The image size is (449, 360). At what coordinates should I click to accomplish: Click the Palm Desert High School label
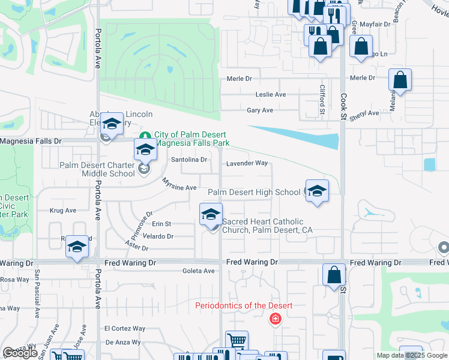(x=253, y=192)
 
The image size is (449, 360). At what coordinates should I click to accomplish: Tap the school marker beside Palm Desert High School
(x=317, y=191)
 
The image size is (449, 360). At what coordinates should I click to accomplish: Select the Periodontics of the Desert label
(x=244, y=306)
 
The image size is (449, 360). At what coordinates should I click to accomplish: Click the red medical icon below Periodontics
(x=276, y=319)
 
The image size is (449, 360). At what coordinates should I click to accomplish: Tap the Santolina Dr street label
(x=189, y=160)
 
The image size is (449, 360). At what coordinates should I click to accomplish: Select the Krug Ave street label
(x=63, y=211)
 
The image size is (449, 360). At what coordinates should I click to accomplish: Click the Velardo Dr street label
(x=158, y=236)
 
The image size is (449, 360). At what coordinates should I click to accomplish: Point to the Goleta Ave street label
(x=198, y=271)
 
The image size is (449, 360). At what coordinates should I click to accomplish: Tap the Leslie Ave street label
(x=271, y=95)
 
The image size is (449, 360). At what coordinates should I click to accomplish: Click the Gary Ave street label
(x=260, y=110)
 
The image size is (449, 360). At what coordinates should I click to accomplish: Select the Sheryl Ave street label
(x=365, y=113)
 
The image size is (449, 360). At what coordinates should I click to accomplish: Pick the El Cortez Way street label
(x=125, y=329)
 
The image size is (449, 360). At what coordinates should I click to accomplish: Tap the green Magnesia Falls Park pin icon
(x=144, y=135)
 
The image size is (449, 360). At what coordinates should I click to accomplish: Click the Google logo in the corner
(x=20, y=353)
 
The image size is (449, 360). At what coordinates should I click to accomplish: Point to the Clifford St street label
(x=322, y=99)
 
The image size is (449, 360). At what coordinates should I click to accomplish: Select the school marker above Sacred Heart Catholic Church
(x=211, y=215)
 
